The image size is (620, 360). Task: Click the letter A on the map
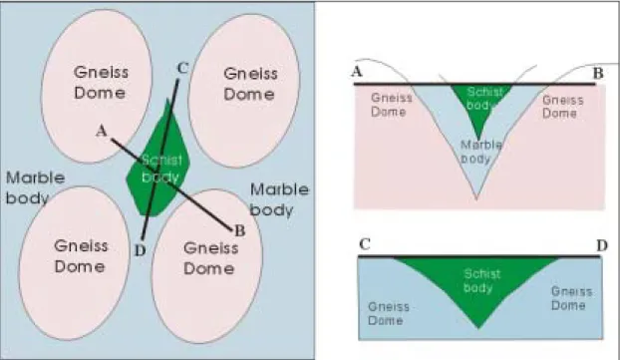(x=102, y=131)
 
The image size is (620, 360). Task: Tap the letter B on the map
(x=239, y=230)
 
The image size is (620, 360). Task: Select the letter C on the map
(x=182, y=68)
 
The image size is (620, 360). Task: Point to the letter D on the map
(x=140, y=250)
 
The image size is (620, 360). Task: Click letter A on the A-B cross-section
(x=357, y=72)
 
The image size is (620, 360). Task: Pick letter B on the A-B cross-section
(x=598, y=73)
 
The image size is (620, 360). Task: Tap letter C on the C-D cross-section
(x=365, y=244)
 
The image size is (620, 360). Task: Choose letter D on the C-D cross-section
(x=602, y=246)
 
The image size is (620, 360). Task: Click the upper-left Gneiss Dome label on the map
(x=101, y=83)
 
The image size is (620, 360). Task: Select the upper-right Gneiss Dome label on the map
(x=250, y=84)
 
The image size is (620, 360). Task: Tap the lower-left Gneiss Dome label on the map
(x=81, y=256)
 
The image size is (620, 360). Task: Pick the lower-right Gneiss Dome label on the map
(x=210, y=258)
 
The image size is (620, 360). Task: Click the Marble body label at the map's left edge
(x=35, y=187)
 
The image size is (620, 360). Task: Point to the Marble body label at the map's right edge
(x=279, y=200)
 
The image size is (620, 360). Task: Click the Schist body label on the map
(x=161, y=169)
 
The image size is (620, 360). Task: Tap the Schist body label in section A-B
(x=483, y=99)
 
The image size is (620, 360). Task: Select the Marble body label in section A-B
(x=480, y=152)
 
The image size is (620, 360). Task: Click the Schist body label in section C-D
(x=481, y=280)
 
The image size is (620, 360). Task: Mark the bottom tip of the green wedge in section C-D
(x=478, y=328)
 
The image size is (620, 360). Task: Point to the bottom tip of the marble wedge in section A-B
(x=476, y=198)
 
